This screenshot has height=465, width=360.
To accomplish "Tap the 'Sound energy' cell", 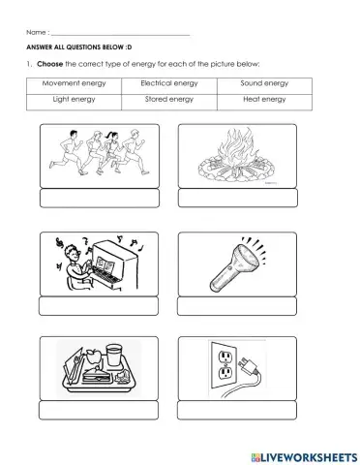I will click(264, 83).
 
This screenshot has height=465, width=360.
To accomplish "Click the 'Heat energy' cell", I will click(264, 99).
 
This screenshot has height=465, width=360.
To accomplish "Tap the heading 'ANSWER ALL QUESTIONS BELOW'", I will click(78, 46).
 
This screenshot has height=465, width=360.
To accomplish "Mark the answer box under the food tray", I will click(97, 410).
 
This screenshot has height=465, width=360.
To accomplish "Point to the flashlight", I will click(238, 264).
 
